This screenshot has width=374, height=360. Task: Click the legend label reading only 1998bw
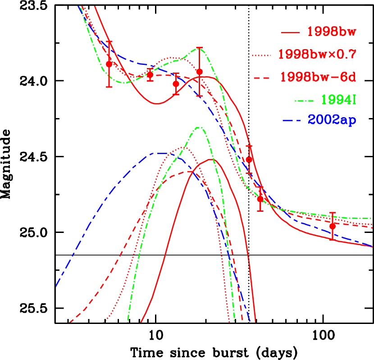point(332,32)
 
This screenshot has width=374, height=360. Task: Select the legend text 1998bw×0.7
point(317,55)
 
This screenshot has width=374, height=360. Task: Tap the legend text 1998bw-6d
point(318,77)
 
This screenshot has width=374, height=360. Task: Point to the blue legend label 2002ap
point(332,121)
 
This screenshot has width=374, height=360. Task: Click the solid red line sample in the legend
point(290,33)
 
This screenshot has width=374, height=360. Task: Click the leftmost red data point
point(109,64)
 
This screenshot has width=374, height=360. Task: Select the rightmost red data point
point(333,226)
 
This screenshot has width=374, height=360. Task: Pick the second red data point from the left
point(150,75)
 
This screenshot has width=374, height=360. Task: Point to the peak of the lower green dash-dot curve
point(199,128)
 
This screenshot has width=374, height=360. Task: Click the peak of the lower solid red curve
point(212,159)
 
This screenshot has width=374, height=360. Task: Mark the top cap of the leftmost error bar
point(109,41)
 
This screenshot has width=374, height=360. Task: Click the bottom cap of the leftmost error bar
point(109,87)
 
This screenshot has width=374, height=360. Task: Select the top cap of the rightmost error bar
point(333,212)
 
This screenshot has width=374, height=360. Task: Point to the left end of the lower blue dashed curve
point(56,286)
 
